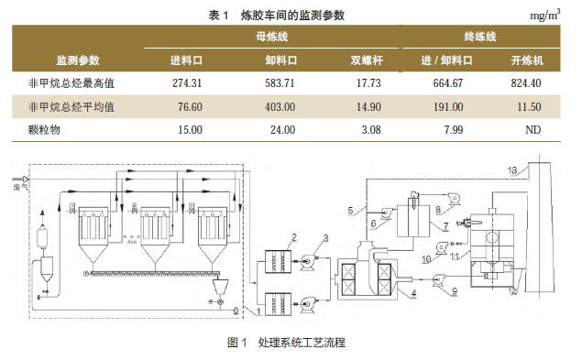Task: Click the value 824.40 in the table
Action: tap(526, 83)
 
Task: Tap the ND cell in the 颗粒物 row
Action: tap(527, 130)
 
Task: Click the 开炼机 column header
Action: tap(527, 61)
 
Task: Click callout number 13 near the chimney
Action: tap(513, 170)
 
